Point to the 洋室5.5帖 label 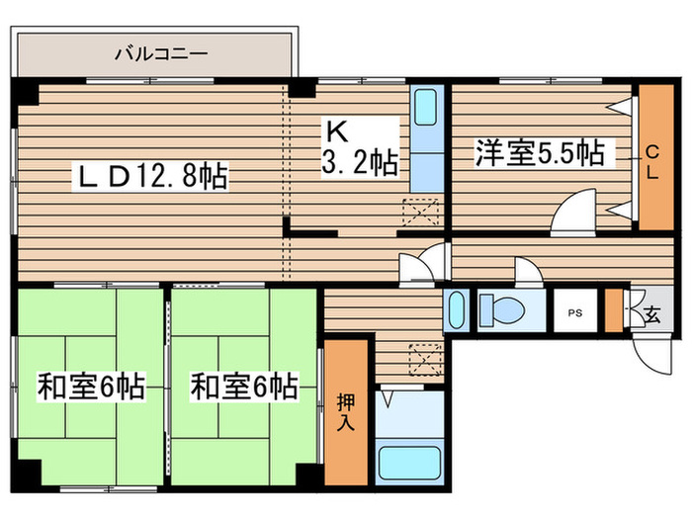(x=539, y=153)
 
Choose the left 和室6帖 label (x=91, y=386)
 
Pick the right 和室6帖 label (x=244, y=386)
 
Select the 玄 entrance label (x=652, y=315)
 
